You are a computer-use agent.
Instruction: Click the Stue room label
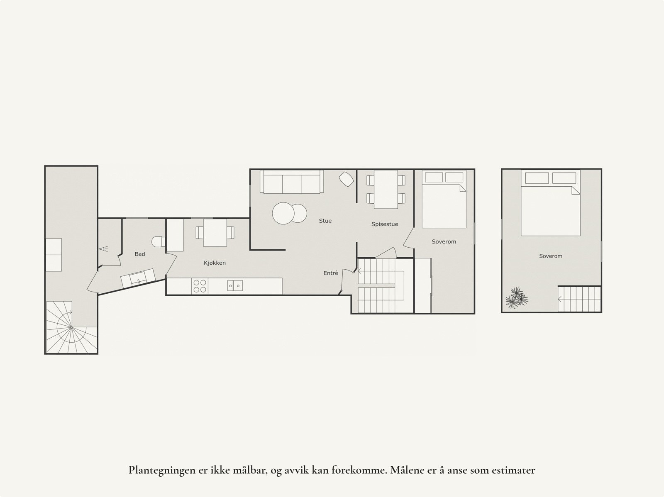[325, 221]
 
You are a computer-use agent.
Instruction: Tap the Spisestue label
[384, 224]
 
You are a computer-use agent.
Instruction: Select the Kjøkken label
[215, 263]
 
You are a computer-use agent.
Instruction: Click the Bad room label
[140, 254]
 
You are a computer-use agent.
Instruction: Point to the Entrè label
[331, 273]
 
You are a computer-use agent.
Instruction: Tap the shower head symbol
[103, 249]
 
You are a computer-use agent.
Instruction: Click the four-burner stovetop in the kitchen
[200, 286]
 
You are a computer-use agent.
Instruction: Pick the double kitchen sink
[235, 285]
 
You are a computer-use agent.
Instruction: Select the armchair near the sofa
[347, 179]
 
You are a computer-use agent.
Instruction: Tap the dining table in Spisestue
[386, 189]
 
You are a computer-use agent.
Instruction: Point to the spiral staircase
[71, 327]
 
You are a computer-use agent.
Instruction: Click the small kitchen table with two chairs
[215, 232]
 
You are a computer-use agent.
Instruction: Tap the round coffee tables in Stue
[289, 213]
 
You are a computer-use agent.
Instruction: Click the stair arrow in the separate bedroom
[561, 299]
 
